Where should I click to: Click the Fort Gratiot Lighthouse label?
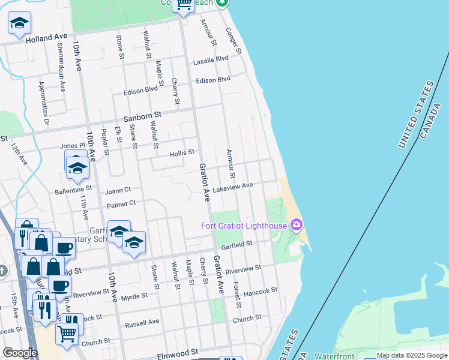click(244, 226)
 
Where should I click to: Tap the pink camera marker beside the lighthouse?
click(296, 225)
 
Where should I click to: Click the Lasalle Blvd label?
click(214, 59)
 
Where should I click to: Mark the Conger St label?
click(233, 41)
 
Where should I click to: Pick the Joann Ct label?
click(118, 191)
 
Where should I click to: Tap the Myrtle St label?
click(134, 296)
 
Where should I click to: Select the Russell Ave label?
click(142, 323)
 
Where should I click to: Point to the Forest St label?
click(237, 295)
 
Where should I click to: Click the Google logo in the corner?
click(20, 353)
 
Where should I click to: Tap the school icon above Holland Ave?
click(19, 23)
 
